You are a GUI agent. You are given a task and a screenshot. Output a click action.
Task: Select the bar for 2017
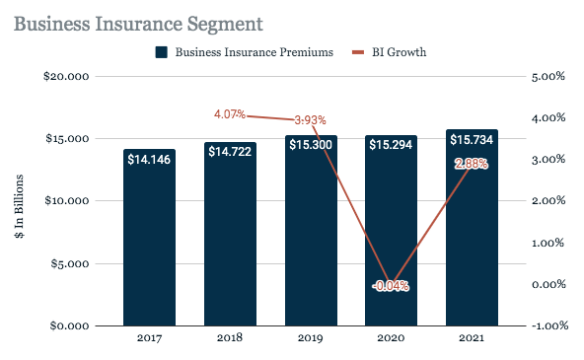coord(150,247)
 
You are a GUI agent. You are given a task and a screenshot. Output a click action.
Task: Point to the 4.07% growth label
coord(230,114)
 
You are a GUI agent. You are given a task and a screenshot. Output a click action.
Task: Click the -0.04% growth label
coord(391,286)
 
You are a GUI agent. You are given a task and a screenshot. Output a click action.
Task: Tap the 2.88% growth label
coord(472,164)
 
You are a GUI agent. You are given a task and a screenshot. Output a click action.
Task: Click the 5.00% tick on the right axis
coord(548,76)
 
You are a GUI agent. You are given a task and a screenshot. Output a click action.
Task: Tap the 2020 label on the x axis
coord(391,339)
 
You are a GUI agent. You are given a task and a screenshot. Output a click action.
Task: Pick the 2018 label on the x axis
coord(230,339)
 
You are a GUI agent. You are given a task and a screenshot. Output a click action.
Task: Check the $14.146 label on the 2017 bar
coord(150,159)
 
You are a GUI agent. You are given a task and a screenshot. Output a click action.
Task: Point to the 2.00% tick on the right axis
coord(548,201)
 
